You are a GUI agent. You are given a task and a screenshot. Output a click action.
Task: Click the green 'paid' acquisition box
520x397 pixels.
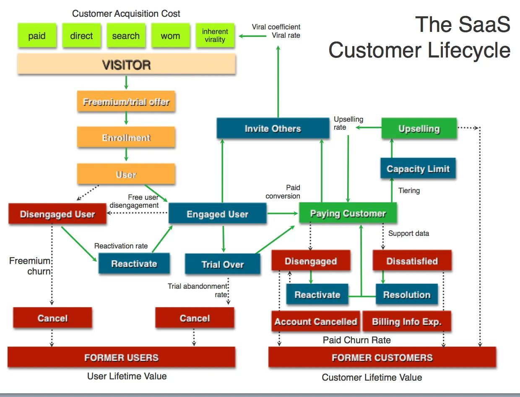click(37, 36)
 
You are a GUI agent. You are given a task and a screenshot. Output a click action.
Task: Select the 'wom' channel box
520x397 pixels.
click(171, 36)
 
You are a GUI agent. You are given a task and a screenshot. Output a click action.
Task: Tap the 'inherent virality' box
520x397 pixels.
click(215, 36)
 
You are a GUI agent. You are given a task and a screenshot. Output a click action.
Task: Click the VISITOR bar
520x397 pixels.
click(127, 64)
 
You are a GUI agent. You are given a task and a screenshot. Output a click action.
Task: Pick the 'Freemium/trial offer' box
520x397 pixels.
click(126, 101)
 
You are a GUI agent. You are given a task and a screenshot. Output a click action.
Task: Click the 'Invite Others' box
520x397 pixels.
click(273, 128)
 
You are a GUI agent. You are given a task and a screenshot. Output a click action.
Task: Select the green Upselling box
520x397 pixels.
click(419, 128)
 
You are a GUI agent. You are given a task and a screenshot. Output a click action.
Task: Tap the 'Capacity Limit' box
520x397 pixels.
click(418, 168)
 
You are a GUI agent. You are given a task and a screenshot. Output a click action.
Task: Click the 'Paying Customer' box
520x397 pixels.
click(348, 213)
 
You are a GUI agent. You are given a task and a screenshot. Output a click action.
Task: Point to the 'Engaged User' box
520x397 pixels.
click(218, 213)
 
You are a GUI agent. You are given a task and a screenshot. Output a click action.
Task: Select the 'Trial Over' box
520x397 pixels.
click(223, 264)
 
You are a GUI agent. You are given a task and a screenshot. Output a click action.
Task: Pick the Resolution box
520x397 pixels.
click(407, 294)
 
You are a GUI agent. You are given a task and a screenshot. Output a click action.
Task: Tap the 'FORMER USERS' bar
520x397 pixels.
click(121, 357)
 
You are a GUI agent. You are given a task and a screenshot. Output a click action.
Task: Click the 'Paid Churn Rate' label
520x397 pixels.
click(357, 340)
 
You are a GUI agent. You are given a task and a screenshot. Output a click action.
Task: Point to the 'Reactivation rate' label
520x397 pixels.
click(121, 246)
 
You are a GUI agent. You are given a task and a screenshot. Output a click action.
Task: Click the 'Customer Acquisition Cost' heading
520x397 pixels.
click(126, 13)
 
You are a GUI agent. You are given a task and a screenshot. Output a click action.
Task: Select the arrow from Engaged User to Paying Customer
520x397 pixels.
click(283, 213)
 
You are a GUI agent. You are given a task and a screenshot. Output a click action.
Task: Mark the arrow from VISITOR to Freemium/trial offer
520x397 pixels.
click(126, 83)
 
